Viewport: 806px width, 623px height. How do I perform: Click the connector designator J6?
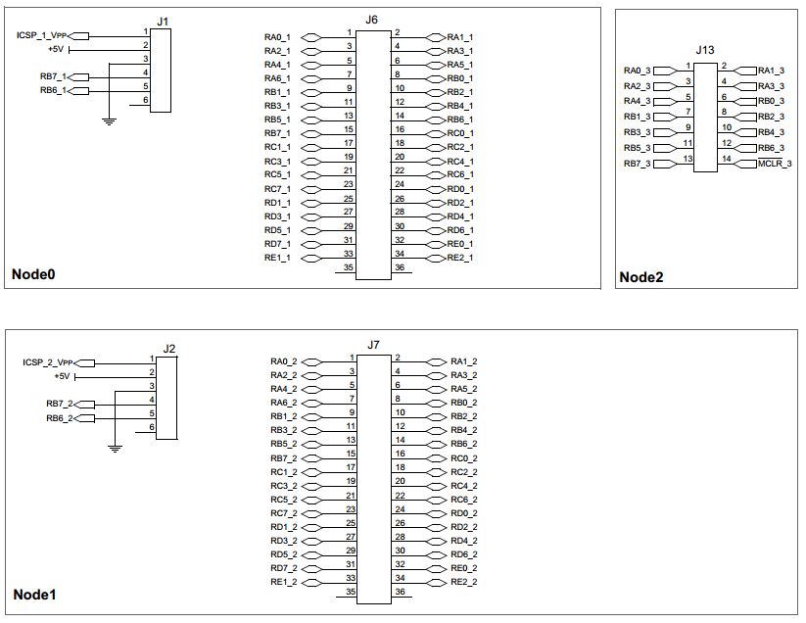(371, 20)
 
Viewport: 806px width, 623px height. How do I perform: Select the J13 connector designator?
(705, 49)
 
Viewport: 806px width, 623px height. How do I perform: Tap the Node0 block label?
(32, 274)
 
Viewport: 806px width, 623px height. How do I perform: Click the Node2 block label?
(641, 277)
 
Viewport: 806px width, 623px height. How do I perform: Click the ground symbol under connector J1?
(110, 120)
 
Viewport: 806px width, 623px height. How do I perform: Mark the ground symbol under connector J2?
(115, 448)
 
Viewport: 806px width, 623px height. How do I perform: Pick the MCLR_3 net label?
(773, 164)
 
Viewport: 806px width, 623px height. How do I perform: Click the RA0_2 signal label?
(283, 361)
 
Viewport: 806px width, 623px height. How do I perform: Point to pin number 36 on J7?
(399, 593)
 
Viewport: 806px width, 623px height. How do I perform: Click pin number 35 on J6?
(348, 267)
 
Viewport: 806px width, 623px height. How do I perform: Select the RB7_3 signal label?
(637, 164)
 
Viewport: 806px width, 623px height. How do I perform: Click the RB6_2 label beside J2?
(59, 418)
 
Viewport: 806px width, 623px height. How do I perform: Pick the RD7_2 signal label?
(283, 568)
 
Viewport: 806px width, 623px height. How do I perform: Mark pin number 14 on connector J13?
(726, 159)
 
